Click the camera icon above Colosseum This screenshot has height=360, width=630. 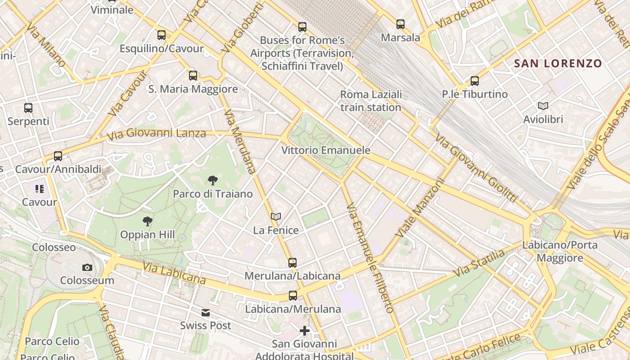[87, 267]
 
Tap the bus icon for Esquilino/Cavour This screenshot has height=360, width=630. [162, 35]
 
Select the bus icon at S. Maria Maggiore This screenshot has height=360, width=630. [193, 76]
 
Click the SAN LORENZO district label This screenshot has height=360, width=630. [558, 63]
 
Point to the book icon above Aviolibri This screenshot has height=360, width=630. [543, 106]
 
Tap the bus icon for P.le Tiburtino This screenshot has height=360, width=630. [475, 81]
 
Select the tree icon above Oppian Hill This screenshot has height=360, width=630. [147, 221]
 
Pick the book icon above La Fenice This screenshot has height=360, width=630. [276, 217]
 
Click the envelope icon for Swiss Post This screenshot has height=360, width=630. [206, 312]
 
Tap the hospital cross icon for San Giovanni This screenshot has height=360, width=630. [305, 331]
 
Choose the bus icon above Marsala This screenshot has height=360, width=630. [400, 24]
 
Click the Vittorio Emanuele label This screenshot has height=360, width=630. [326, 150]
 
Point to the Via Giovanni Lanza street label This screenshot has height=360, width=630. [157, 134]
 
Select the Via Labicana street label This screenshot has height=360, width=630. [174, 273]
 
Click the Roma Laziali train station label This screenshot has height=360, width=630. [371, 101]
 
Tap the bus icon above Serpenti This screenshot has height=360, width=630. [28, 108]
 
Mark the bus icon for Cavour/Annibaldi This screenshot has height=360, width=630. [58, 156]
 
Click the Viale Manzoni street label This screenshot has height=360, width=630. [420, 207]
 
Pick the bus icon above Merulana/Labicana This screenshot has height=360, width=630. [292, 262]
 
